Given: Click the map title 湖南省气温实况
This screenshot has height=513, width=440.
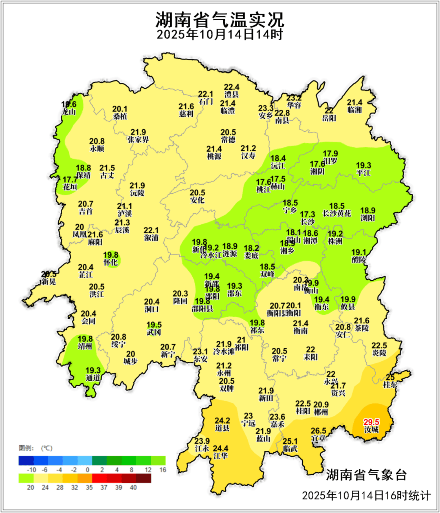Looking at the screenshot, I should pos(220,19).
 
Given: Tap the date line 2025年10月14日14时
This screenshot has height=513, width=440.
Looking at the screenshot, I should pos(220,34).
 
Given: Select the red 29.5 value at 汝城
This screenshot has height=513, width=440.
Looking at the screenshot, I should pos(371,422).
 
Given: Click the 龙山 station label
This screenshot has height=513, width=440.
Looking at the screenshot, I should pos(69,112).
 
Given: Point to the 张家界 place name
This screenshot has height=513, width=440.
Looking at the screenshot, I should pos(138,139).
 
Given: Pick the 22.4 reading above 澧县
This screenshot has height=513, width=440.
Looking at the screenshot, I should pos(231,87).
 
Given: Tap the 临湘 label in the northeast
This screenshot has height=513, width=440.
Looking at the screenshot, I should pos(354,110).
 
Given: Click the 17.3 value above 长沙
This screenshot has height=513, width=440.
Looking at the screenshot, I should pos(308,214).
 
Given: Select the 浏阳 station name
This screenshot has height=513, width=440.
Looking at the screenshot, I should pos(367,218).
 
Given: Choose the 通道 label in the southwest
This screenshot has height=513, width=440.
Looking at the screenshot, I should pos(93,378).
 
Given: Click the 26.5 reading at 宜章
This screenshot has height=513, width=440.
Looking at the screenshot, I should pos(318,431).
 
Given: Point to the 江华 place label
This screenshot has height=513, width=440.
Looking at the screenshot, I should pos(220,456).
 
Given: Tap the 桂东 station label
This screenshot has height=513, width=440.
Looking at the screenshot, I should pos(390,385).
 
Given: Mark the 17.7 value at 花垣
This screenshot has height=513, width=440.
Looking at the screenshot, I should pos(70,179).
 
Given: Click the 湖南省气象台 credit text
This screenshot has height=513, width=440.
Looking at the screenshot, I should pos(366,475).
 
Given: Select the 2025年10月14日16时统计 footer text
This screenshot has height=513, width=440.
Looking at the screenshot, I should pos(366,495).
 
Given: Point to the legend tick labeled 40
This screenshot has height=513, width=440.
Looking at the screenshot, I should pos(133,487).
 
